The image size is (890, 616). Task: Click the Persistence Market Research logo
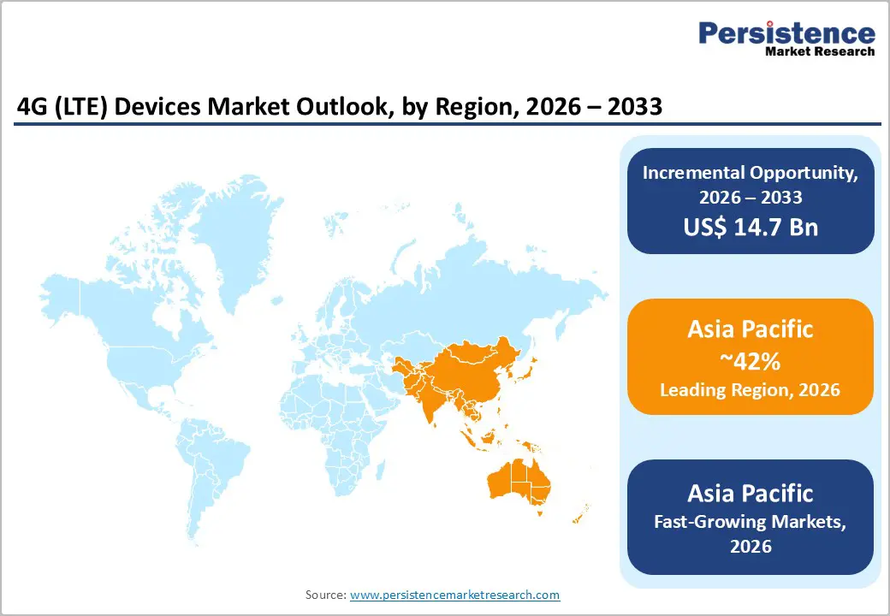click(x=786, y=38)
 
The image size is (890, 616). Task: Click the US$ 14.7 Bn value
click(x=751, y=227)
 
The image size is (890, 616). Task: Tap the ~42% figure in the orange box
click(x=751, y=361)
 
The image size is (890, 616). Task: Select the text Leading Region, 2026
click(x=751, y=390)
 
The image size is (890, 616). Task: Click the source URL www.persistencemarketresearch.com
click(x=454, y=595)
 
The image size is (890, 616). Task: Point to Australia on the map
click(x=518, y=483)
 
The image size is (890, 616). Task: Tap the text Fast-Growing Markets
click(x=751, y=520)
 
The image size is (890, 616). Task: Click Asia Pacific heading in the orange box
click(x=751, y=329)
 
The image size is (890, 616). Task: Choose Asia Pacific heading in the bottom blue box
click(x=751, y=494)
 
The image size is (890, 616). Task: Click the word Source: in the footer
click(x=325, y=595)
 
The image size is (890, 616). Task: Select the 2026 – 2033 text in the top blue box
click(x=751, y=198)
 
